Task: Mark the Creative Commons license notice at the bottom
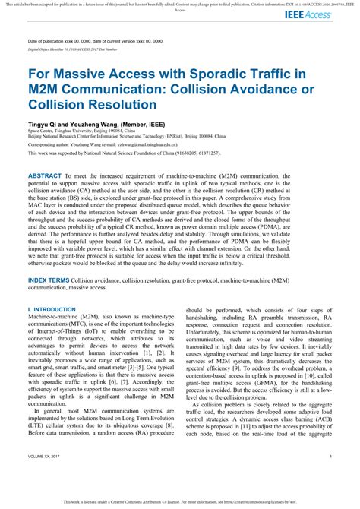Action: click(x=179, y=503)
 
